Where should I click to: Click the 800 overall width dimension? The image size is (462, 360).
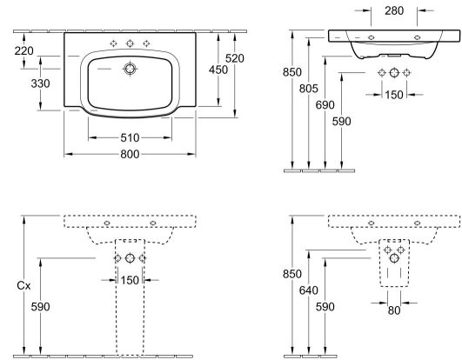pos(130,154)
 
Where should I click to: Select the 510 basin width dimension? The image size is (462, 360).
pos(130,137)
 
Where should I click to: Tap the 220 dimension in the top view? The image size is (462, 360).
pos(23,51)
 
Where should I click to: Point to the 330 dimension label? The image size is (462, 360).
pos(40,83)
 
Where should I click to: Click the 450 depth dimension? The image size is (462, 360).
pos(218,70)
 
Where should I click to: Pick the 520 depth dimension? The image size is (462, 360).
pos(235,58)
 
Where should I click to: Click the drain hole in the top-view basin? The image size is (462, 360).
pos(130,69)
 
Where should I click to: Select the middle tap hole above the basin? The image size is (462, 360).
pos(130,43)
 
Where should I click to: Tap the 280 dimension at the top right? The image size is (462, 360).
pos(394,11)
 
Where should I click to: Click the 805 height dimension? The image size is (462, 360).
pos(309,89)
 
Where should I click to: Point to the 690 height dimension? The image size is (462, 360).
pos(325,105)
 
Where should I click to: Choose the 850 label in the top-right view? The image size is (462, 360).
pos(292,72)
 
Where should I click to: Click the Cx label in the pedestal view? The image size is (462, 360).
pos(23,285)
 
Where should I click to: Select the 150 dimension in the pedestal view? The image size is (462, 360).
pos(130,280)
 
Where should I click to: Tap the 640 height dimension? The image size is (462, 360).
pos(309,290)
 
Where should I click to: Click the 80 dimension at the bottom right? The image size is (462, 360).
pos(394,310)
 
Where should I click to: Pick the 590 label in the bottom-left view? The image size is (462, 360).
pos(40,307)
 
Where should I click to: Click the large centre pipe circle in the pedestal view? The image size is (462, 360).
pos(130,258)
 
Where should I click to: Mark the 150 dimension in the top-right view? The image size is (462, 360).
pos(394,95)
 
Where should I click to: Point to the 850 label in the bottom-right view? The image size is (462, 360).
pos(292,274)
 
